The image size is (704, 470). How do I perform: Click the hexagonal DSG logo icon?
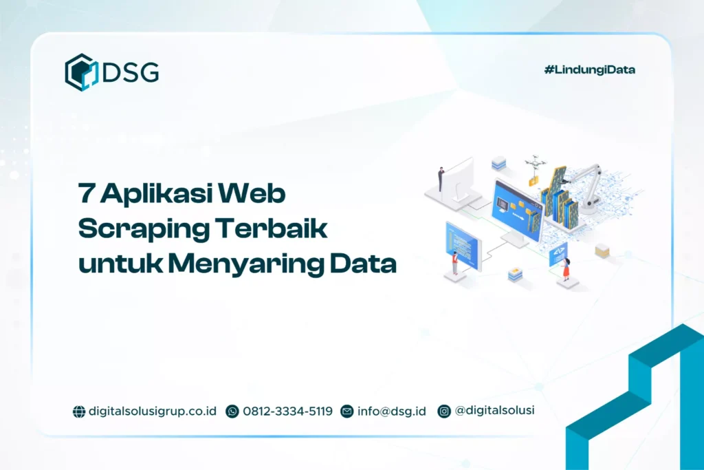click(x=82, y=72)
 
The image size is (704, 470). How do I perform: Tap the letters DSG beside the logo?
click(x=131, y=72)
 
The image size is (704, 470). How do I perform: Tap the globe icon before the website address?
click(x=79, y=412)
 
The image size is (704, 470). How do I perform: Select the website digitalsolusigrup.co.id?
click(x=153, y=412)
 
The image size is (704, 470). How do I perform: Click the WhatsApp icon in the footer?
click(x=232, y=412)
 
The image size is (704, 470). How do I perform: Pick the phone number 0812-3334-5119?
click(x=287, y=412)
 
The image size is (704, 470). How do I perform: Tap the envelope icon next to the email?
click(x=347, y=412)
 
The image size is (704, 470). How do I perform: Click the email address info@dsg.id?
click(x=392, y=412)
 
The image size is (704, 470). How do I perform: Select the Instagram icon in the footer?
click(x=445, y=411)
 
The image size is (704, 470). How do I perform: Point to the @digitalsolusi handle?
click(x=495, y=410)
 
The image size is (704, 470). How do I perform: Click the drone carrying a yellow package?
click(x=534, y=169)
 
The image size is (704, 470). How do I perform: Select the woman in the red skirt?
click(x=566, y=268)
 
